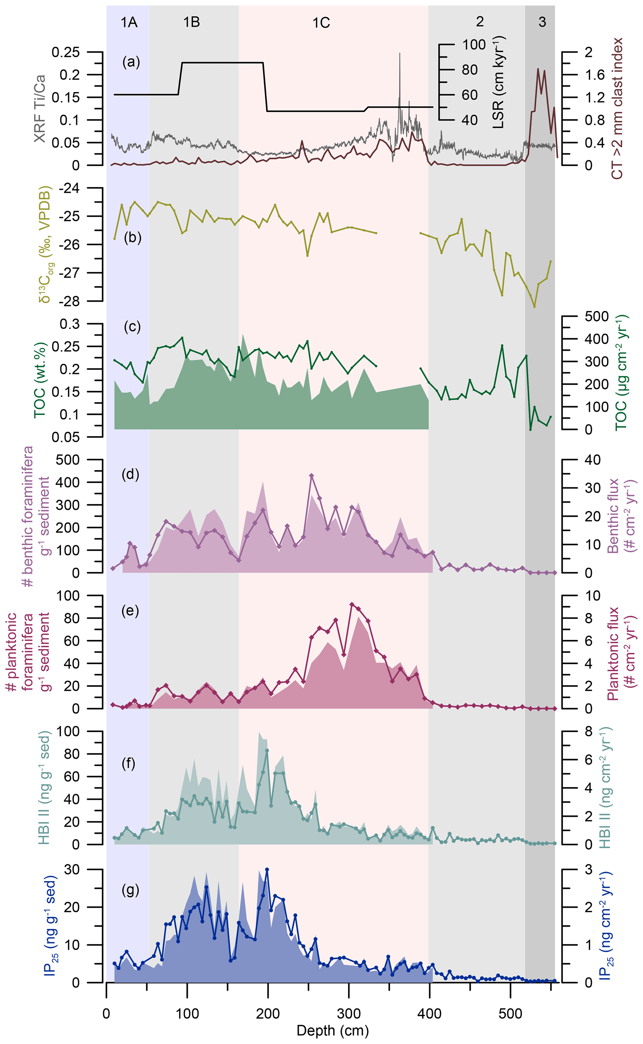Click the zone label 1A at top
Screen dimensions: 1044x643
pyautogui.click(x=129, y=22)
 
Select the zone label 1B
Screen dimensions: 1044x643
pyautogui.click(x=191, y=22)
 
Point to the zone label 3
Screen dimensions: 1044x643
pyautogui.click(x=542, y=22)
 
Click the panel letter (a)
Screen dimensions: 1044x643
pyautogui.click(x=131, y=62)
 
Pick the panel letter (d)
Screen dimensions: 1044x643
pyautogui.click(x=131, y=474)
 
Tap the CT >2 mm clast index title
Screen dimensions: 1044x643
pyautogui.click(x=616, y=109)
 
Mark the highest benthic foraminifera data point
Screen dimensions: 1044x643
pyautogui.click(x=311, y=476)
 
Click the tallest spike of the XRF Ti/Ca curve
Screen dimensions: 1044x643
pyautogui.click(x=400, y=53)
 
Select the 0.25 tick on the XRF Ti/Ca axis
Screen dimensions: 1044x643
pyautogui.click(x=66, y=52)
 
